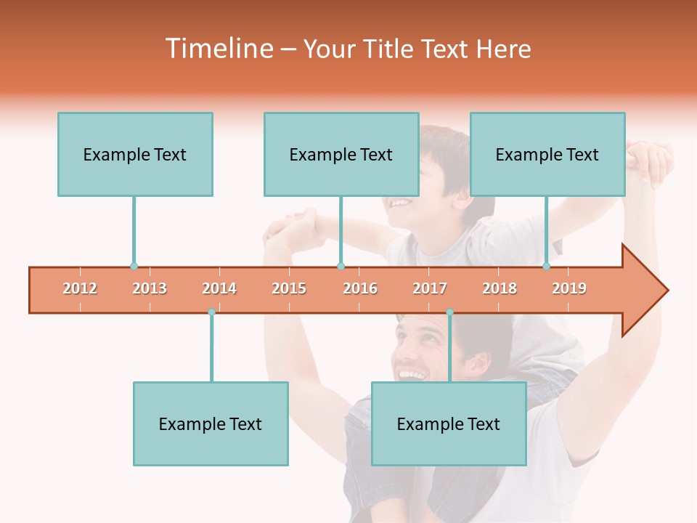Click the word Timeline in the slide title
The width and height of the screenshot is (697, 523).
219,49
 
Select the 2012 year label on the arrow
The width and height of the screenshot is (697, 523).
80,288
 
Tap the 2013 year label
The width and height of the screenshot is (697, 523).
150,288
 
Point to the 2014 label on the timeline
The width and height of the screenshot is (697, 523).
219,288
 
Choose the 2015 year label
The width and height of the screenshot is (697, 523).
289,288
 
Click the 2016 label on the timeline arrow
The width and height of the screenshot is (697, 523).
360,288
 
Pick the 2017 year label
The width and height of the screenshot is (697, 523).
430,288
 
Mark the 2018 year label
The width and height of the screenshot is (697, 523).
500,288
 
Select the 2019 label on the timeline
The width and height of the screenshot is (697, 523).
569,288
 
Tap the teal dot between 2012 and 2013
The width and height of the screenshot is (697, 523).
134,267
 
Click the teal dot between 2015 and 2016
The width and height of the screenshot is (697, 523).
341,267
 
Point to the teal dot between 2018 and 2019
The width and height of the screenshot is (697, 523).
547,267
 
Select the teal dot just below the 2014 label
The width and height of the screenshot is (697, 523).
211,312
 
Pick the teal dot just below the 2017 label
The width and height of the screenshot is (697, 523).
449,312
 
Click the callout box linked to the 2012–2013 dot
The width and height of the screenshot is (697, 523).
135,154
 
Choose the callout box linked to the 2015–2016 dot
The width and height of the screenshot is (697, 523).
341,154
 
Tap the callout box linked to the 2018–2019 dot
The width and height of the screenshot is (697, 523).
547,154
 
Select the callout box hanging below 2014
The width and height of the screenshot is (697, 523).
211,423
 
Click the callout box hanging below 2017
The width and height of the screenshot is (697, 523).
449,423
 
